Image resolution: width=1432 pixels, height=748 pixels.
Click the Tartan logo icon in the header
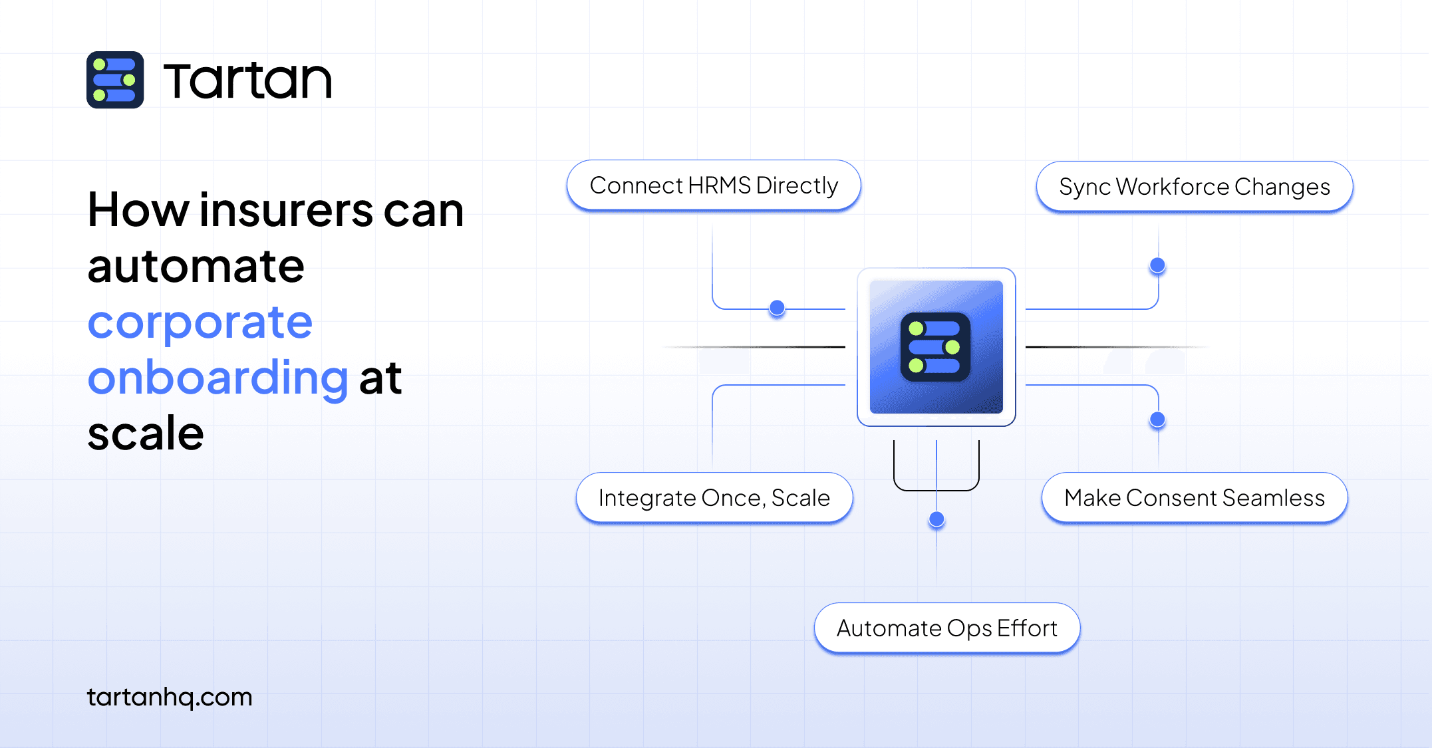(115, 80)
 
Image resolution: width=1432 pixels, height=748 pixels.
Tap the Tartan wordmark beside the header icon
(247, 81)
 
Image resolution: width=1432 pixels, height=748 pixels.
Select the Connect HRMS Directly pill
(714, 186)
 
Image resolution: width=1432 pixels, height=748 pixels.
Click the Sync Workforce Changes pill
(1195, 187)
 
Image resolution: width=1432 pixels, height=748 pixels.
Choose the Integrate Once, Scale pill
(714, 498)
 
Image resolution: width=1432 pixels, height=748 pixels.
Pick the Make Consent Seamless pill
(1195, 498)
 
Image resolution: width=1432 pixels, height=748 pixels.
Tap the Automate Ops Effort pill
(947, 628)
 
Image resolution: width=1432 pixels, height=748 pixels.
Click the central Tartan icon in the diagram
(936, 347)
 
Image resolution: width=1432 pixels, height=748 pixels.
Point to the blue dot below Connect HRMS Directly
(777, 308)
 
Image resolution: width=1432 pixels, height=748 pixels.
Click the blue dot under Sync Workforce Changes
(1158, 265)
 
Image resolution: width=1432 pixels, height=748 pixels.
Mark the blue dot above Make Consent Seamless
(1158, 420)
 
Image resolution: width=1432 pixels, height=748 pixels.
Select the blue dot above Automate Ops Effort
(936, 519)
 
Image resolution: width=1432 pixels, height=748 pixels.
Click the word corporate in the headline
(200, 325)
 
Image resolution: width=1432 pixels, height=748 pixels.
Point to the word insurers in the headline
(286, 210)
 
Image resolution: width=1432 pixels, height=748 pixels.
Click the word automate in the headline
(196, 267)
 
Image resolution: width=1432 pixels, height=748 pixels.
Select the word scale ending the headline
(146, 434)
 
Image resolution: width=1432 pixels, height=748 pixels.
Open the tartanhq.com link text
(170, 697)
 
